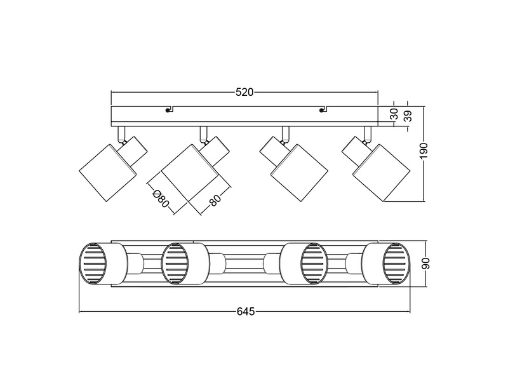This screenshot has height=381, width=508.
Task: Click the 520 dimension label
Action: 244,92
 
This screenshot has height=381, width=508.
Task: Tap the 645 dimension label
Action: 246,312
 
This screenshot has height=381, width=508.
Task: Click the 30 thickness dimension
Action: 394,114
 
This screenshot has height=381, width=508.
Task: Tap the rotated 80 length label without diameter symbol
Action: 214,201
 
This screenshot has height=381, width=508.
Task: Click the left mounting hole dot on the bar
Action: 168,110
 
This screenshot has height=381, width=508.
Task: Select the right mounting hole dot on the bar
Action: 322,110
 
